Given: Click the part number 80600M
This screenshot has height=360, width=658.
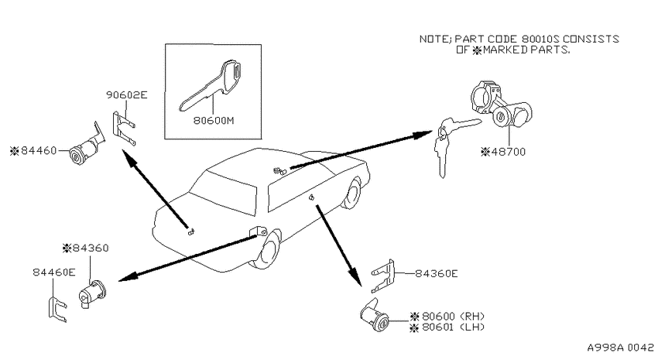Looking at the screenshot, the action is (x=214, y=121).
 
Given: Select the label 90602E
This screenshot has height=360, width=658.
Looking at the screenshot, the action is (x=127, y=94).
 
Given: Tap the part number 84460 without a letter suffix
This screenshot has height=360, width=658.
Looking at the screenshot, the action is (x=39, y=150).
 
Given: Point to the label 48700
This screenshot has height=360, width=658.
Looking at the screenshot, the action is (x=508, y=152).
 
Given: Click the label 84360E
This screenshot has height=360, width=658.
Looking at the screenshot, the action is (x=437, y=273).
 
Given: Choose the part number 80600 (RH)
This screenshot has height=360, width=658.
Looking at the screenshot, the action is (x=453, y=316).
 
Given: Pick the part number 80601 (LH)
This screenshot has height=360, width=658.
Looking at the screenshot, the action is (x=453, y=327).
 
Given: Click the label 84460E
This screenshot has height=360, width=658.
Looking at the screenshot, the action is (x=54, y=273).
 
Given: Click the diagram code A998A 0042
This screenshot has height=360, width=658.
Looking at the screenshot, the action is (x=620, y=348).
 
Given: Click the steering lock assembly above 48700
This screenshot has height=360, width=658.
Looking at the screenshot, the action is (x=501, y=102).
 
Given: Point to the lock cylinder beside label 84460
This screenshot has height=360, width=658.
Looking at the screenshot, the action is (x=87, y=146).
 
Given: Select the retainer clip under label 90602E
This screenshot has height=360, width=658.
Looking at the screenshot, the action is (x=124, y=129).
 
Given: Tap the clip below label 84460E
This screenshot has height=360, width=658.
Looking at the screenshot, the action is (x=57, y=309).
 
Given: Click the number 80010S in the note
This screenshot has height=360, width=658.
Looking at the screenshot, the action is (x=540, y=39).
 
